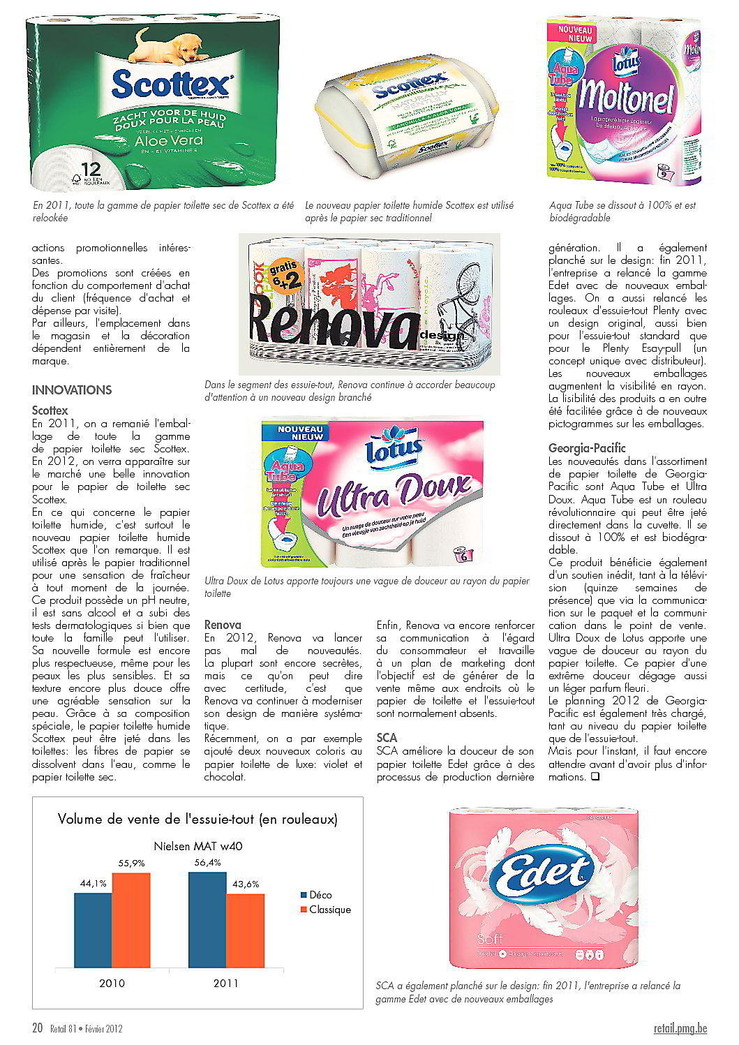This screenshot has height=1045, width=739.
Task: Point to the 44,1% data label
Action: click(x=93, y=883)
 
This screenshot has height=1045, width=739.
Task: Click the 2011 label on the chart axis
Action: click(x=225, y=983)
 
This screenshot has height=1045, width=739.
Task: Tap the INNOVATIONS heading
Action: click(x=72, y=390)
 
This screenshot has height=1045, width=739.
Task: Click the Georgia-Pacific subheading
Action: click(x=587, y=448)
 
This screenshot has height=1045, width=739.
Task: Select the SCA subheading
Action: click(x=387, y=738)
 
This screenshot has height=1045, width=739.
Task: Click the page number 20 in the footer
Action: click(x=38, y=1028)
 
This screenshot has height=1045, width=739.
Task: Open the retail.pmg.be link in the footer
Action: click(x=680, y=1028)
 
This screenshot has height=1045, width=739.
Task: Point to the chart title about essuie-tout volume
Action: click(x=197, y=819)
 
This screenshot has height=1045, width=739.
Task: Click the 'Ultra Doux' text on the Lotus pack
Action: click(x=394, y=495)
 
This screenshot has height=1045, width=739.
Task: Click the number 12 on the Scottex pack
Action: click(x=91, y=170)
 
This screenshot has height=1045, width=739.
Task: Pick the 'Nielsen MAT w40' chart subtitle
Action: click(x=197, y=846)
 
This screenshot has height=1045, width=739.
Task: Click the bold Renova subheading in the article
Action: click(x=223, y=625)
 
